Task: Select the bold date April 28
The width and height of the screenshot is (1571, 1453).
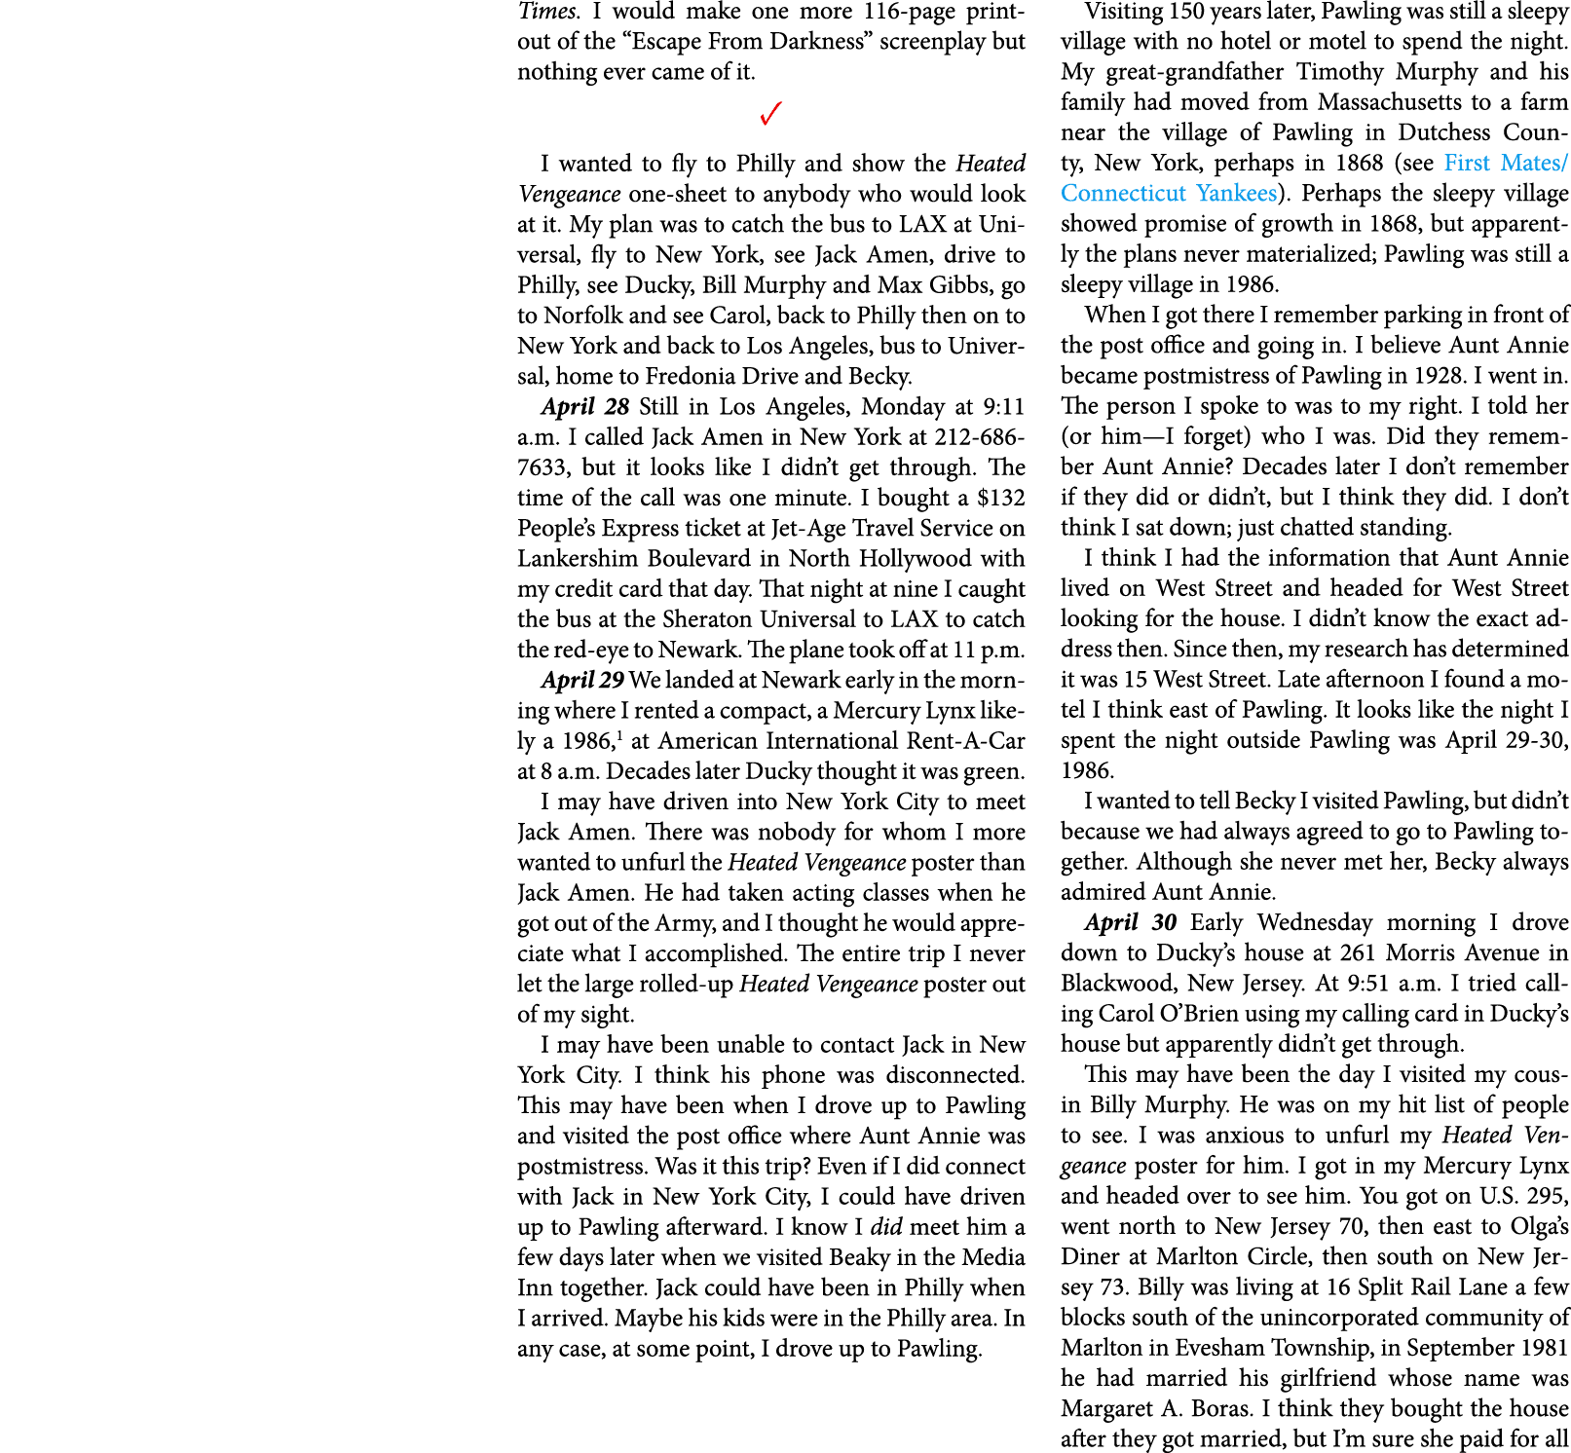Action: [x=585, y=406]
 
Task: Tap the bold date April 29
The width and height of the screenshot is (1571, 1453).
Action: [x=582, y=680]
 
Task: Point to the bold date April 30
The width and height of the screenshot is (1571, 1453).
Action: [x=1130, y=922]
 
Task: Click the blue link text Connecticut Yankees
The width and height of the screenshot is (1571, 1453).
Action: [x=1169, y=194]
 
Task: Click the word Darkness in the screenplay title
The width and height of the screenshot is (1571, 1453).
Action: [x=816, y=42]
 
